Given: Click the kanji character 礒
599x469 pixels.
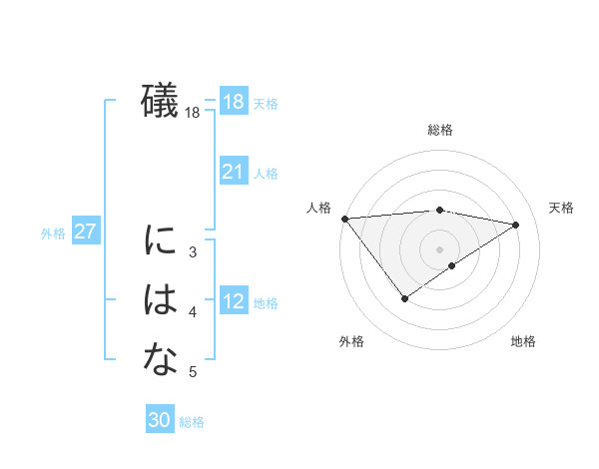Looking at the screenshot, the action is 161,102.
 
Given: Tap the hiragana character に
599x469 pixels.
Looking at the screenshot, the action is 161,240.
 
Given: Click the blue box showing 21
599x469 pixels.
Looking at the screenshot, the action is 233,172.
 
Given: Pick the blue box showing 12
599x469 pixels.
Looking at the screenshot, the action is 233,301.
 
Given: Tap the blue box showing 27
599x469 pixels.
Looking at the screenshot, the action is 85,232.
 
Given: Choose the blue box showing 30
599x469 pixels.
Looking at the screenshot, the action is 159,420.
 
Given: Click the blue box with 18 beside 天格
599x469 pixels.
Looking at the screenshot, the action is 233,102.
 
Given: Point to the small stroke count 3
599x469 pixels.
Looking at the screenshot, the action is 193,252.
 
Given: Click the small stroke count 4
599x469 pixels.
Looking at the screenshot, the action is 193,313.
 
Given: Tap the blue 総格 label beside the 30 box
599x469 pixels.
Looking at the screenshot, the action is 192,422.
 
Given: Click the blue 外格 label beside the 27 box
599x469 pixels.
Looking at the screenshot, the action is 53,234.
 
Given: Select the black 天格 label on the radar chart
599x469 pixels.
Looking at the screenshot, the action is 562,208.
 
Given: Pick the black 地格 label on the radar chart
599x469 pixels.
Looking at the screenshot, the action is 523,341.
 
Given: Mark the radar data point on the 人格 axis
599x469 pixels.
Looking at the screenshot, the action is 344,219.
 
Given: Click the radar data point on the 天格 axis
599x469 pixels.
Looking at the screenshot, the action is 516,225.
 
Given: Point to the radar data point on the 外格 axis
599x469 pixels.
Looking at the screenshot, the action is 404,298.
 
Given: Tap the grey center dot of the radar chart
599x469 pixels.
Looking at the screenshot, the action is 439,248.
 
